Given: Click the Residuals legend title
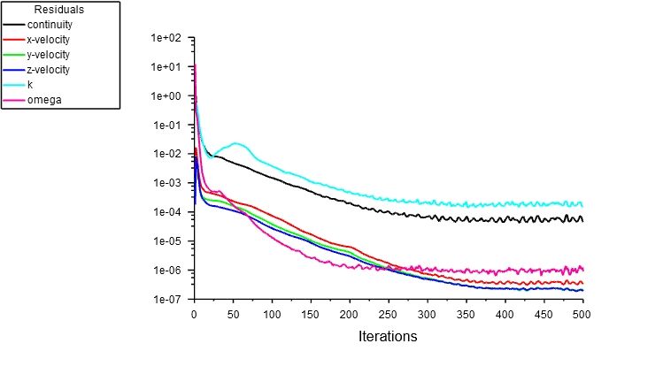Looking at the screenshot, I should pyautogui.click(x=58, y=10).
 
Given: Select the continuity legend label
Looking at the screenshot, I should pyautogui.click(x=50, y=25).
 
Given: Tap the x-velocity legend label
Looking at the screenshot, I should pyautogui.click(x=50, y=40).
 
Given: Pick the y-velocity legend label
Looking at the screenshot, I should pyautogui.click(x=50, y=55).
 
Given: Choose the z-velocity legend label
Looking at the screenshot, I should pyautogui.click(x=50, y=70).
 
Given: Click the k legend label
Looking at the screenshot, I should pyautogui.click(x=30, y=85).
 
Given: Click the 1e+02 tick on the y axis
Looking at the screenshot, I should pyautogui.click(x=166, y=38).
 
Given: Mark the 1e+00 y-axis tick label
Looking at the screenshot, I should pyautogui.click(x=166, y=96).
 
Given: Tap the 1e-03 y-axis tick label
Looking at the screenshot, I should pyautogui.click(x=166, y=183).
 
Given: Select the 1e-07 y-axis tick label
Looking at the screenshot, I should pyautogui.click(x=166, y=300).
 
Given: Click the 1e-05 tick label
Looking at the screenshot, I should pyautogui.click(x=166, y=241).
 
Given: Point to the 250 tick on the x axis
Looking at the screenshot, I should pyautogui.click(x=388, y=314).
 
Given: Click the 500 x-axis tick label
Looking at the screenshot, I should pyautogui.click(x=582, y=314).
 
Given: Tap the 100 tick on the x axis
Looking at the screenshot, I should pyautogui.click(x=272, y=314).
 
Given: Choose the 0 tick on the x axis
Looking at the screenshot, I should pyautogui.click(x=194, y=314).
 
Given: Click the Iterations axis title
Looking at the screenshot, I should pyautogui.click(x=387, y=337).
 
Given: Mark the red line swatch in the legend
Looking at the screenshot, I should pyautogui.click(x=14, y=40).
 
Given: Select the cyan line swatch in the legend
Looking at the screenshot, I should pyautogui.click(x=14, y=85).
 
